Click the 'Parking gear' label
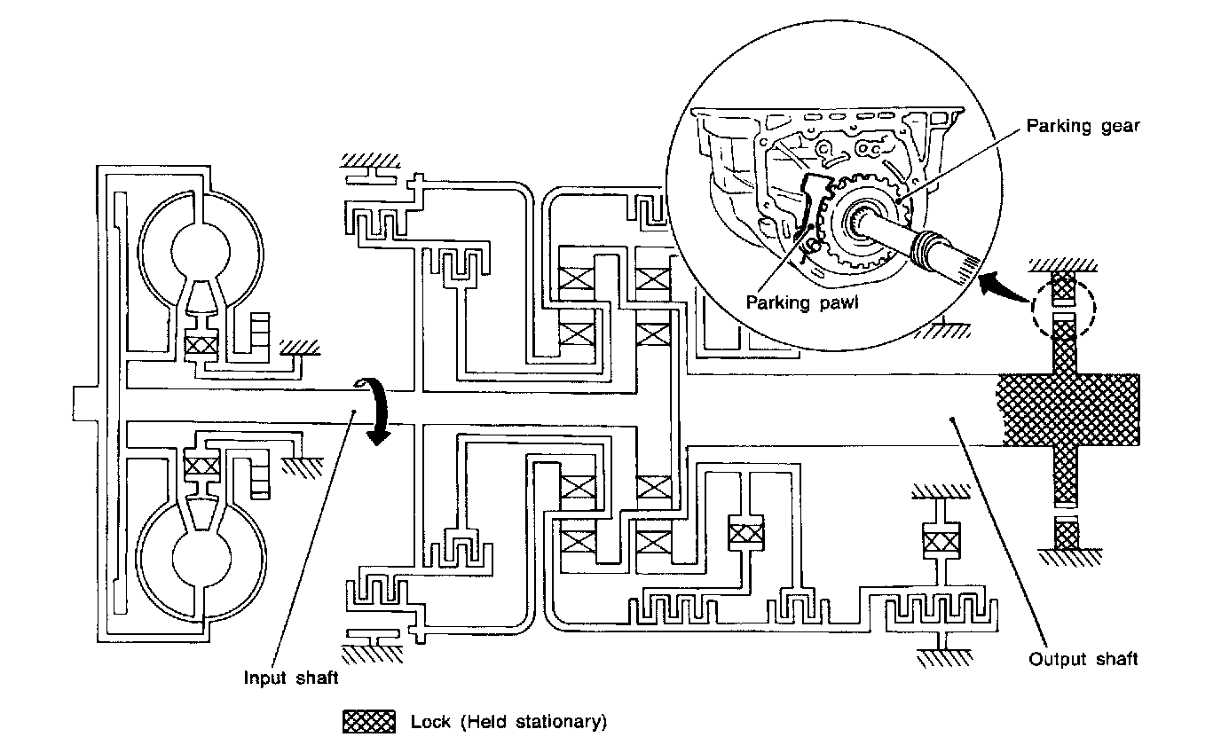[1083, 127]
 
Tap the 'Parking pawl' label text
[802, 302]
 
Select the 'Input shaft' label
[290, 678]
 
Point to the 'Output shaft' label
[1083, 660]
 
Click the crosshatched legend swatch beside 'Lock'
[369, 722]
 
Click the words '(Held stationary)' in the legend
[533, 722]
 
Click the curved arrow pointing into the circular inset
[1004, 287]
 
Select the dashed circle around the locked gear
[1063, 308]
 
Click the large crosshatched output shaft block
[1067, 410]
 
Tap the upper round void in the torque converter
[201, 252]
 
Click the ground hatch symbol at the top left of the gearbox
[370, 161]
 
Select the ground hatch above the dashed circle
[1063, 266]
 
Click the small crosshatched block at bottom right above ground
[1067, 535]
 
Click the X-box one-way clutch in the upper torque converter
[201, 345]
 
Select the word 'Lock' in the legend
[430, 722]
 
